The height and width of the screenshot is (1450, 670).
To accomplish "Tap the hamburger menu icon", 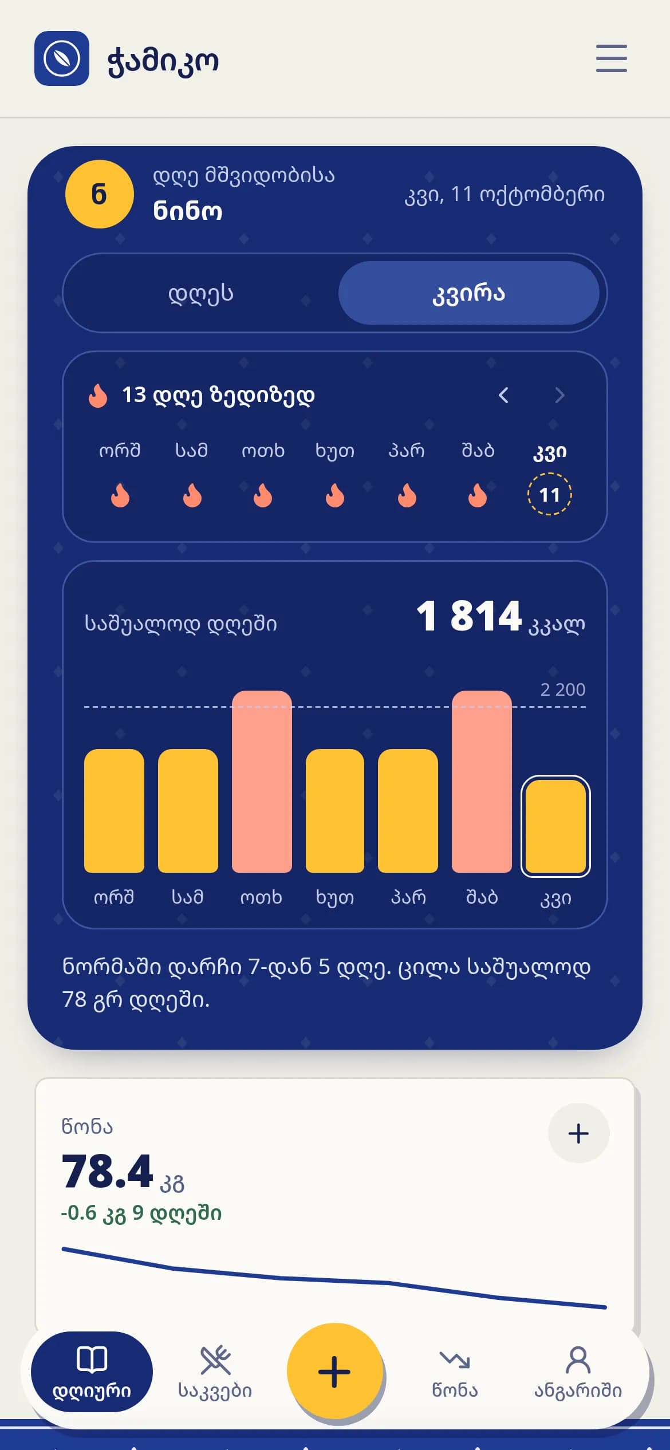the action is point(611,58).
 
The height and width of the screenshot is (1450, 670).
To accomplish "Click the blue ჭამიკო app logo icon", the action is point(62,58).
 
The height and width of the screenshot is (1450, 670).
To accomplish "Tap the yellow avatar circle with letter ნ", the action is point(100,194).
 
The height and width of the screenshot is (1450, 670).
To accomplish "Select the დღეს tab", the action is point(201,293).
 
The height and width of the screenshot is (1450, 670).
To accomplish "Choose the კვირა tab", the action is point(469,293).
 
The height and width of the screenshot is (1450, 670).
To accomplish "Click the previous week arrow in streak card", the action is point(503,395).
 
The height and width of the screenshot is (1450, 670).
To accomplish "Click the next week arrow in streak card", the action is point(559,395).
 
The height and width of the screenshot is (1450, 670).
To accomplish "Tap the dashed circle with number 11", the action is point(550,494).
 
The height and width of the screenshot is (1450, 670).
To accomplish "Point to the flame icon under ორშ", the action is point(120,495).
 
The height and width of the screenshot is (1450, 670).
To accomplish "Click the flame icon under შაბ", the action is point(478,495).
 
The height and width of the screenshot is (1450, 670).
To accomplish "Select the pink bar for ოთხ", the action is point(262,782).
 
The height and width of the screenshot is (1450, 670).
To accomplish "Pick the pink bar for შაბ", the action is point(482,782).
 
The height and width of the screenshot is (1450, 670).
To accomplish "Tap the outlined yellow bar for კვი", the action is point(555,826).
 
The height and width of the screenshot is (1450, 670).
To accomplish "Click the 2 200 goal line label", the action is point(563,689).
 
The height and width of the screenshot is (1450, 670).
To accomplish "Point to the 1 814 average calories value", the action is point(469,617).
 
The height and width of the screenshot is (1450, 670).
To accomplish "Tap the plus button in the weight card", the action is point(578,1133).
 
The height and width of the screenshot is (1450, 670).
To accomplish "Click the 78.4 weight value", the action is point(108,1171).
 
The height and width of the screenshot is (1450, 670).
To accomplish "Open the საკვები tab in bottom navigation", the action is point(215,1372).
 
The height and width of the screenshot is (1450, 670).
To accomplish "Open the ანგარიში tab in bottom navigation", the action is point(578,1372).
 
